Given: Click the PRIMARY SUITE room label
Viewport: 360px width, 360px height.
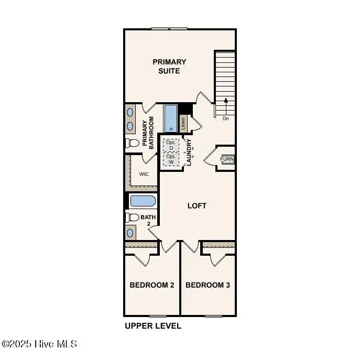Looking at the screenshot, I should point(169,66).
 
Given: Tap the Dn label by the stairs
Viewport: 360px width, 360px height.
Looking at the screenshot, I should point(226,118).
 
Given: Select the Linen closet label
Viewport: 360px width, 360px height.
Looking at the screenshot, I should point(183,123).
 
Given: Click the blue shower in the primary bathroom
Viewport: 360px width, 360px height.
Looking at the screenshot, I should point(171,118).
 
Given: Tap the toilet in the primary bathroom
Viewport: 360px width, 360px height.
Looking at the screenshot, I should point(132,143).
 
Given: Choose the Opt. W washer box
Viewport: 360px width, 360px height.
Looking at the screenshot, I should point(170,158).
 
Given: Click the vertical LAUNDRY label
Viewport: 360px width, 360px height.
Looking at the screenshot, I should point(189,152).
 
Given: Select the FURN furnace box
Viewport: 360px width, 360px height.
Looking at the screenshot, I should point(227,159).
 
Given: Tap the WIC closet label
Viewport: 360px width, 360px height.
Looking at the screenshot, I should point(144,174).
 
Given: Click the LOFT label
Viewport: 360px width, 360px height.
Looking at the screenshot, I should point(197,206).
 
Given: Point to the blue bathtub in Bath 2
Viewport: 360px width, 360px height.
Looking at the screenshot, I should point(142,201).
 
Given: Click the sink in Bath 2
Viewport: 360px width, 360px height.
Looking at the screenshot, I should point(130,232).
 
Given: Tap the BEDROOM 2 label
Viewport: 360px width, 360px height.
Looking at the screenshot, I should point(152,285).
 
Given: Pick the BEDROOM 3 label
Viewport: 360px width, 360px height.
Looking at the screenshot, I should point(208,285).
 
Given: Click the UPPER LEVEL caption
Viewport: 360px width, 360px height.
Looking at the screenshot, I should point(152,326).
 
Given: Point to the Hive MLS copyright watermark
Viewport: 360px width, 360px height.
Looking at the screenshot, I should point(40,344).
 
